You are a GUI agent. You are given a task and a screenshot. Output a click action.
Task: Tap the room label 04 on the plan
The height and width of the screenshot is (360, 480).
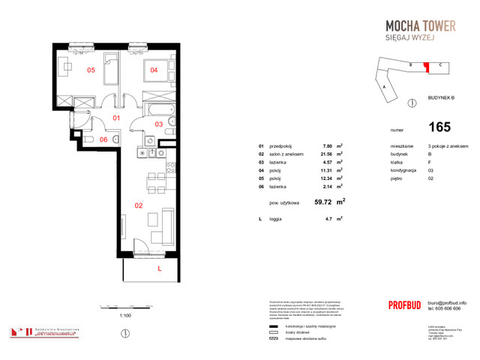click(154, 70)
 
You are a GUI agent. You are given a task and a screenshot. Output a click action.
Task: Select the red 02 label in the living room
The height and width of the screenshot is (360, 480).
click(138, 204)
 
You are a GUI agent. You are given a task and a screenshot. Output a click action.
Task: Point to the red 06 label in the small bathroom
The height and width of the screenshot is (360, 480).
click(104, 139)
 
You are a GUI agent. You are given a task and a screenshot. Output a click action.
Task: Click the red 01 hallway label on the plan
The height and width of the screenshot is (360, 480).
click(116, 118)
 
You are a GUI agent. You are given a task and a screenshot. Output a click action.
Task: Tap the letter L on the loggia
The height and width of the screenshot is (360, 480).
click(159, 268)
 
